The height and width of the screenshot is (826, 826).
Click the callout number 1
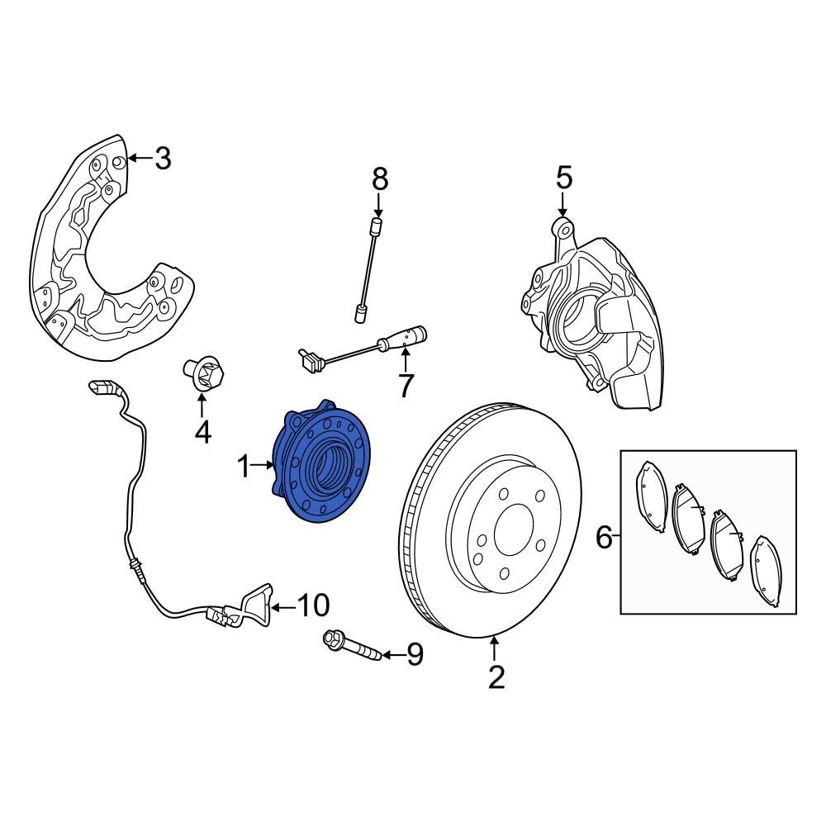[x=244, y=468]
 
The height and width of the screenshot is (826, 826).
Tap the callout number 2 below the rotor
[x=496, y=677]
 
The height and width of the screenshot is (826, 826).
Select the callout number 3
[x=163, y=158]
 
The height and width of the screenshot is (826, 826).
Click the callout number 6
[x=605, y=539]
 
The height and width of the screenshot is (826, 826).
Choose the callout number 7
[x=405, y=386]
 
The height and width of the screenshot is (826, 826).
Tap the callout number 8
[x=379, y=178]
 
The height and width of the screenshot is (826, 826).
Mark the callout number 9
[x=414, y=655]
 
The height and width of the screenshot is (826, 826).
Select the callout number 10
[x=311, y=606]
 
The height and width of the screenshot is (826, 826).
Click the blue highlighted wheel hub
[x=322, y=463]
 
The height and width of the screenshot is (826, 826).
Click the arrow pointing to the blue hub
[x=264, y=467]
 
